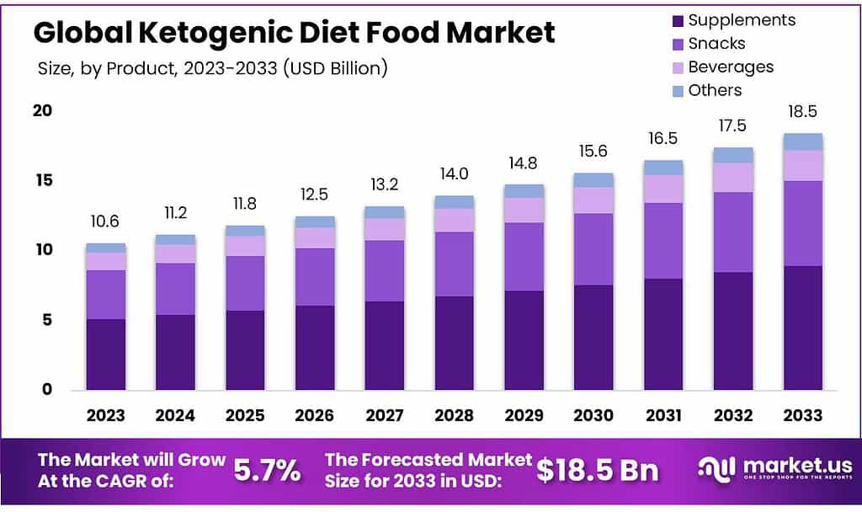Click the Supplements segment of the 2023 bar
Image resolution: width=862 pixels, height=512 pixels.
coord(105,354)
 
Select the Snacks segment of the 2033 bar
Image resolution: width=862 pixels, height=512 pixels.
coord(802,223)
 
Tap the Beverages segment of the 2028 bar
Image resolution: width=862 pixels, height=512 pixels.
coord(454,220)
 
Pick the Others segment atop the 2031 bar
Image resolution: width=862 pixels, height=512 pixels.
coord(663,168)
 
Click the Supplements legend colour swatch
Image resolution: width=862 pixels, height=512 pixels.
coord(677,20)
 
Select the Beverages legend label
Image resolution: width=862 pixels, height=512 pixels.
coord(731,67)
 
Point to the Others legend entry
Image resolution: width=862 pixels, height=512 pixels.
coord(715,90)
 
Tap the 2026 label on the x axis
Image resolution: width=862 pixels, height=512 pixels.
coord(314,415)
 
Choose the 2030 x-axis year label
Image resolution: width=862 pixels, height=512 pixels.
coord(593,415)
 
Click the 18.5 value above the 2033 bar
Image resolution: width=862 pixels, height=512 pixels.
coord(802,112)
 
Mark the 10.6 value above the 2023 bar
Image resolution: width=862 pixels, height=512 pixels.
coord(105,222)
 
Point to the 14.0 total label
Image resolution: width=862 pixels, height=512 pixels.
coord(454,174)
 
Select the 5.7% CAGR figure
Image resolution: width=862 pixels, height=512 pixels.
coord(266,471)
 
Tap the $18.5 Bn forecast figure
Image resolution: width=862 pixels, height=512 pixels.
coord(599,471)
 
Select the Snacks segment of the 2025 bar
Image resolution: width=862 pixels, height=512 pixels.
coord(245,283)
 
